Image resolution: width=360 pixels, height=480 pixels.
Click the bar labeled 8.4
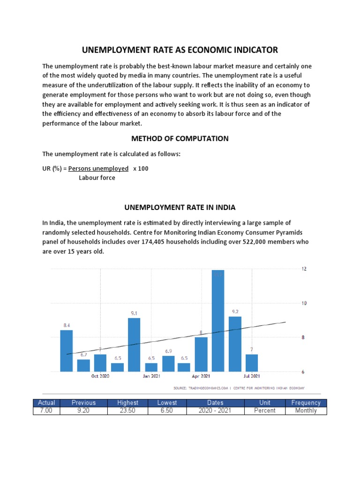click(66, 351)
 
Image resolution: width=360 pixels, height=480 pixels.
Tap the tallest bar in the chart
click(218, 321)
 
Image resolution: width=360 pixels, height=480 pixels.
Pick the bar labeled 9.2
click(235, 344)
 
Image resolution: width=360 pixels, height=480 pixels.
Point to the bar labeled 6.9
click(168, 363)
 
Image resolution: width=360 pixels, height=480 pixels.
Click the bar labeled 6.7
click(83, 365)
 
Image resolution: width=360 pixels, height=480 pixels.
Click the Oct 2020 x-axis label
click(100, 376)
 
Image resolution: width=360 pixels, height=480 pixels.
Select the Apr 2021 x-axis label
click(201, 376)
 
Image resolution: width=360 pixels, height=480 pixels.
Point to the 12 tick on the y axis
click(303, 269)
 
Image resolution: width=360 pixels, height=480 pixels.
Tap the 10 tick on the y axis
click(303, 303)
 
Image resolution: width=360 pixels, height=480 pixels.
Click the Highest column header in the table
click(127, 403)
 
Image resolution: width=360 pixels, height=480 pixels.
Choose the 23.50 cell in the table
click(127, 411)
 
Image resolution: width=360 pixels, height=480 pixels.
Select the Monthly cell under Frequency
click(306, 411)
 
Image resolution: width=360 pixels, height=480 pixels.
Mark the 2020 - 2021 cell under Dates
click(215, 411)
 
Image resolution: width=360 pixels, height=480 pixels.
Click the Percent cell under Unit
click(265, 411)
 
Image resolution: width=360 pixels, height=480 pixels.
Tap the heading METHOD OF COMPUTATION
click(180, 138)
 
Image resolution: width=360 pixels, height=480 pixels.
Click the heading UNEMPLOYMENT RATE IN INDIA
click(180, 207)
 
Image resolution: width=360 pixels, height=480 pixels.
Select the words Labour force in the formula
click(97, 178)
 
